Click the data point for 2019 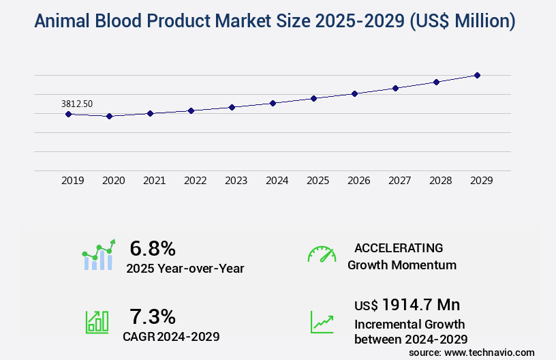click(x=68, y=114)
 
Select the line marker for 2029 click(x=477, y=75)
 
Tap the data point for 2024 click(x=273, y=103)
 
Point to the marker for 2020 click(x=109, y=116)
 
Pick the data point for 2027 click(x=395, y=88)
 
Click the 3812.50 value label click(x=77, y=104)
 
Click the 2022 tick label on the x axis click(x=195, y=181)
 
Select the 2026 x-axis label click(x=358, y=181)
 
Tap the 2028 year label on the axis click(x=440, y=181)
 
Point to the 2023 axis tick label click(x=236, y=181)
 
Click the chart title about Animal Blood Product click(x=275, y=21)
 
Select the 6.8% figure click(x=153, y=248)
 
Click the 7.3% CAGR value click(x=153, y=316)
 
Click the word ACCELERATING click(x=399, y=248)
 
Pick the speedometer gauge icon click(x=322, y=254)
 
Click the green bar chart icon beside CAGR click(x=97, y=321)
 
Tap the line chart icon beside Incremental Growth click(x=322, y=321)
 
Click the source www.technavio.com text click(x=472, y=352)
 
